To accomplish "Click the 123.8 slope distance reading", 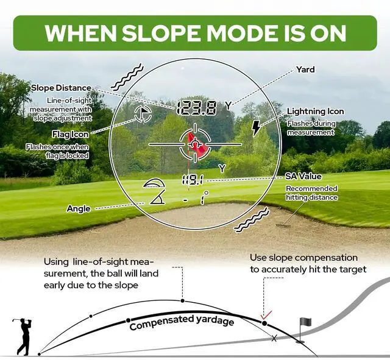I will click(196, 108).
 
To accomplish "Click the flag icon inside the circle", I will click(143, 113).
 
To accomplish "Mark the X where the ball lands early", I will click(274, 337).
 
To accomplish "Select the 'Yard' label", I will click(305, 69).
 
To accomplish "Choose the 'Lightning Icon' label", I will click(315, 111).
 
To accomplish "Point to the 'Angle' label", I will click(79, 209).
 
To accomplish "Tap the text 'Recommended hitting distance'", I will click(311, 193).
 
